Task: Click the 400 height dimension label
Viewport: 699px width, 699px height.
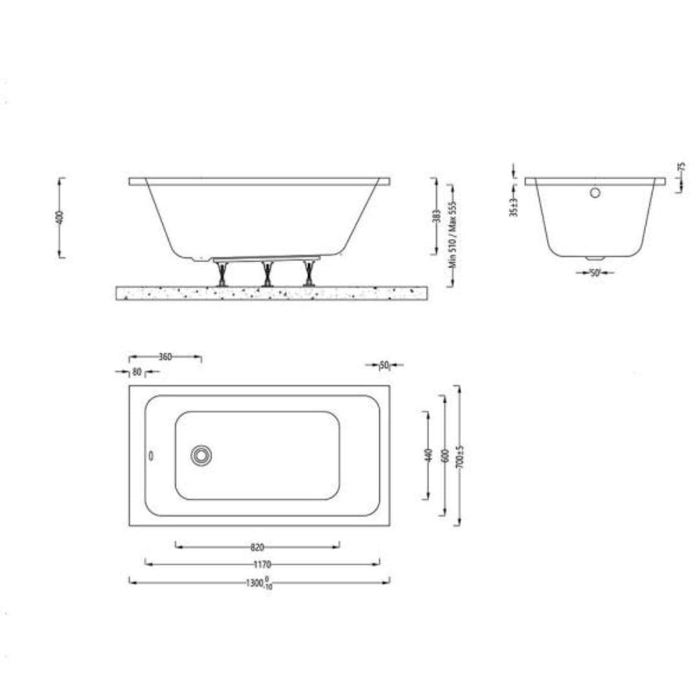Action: click(x=59, y=216)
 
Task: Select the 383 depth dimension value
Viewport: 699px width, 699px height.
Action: click(x=436, y=216)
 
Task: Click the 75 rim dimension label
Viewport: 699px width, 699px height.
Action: click(x=681, y=167)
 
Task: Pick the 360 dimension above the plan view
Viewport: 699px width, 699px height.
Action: click(x=165, y=357)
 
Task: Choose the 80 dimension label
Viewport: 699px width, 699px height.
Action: click(x=137, y=372)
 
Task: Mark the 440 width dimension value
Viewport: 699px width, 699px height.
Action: click(x=427, y=455)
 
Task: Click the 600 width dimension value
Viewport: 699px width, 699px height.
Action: click(x=444, y=455)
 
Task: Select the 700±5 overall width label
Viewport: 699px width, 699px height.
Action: click(x=459, y=456)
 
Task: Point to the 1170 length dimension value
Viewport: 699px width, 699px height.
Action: click(x=262, y=564)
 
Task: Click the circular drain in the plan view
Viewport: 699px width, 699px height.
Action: click(x=201, y=455)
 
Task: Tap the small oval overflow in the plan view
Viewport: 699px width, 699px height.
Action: click(x=151, y=455)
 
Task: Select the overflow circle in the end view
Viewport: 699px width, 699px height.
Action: click(x=595, y=192)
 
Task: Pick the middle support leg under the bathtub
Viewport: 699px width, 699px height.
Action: click(x=266, y=273)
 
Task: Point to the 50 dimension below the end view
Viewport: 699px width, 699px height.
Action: click(x=595, y=273)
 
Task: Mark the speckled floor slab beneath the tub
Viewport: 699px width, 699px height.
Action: click(x=272, y=293)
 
